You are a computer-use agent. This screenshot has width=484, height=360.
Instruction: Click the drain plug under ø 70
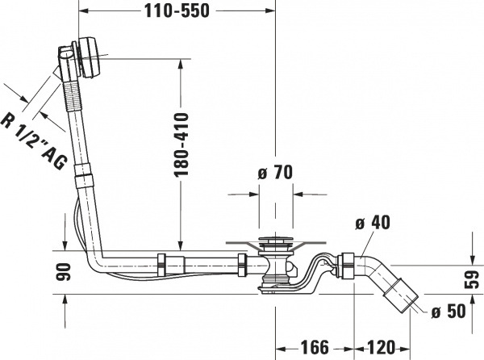pos(275,242)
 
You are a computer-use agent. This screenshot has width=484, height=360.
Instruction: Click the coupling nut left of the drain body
pos(241,264)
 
